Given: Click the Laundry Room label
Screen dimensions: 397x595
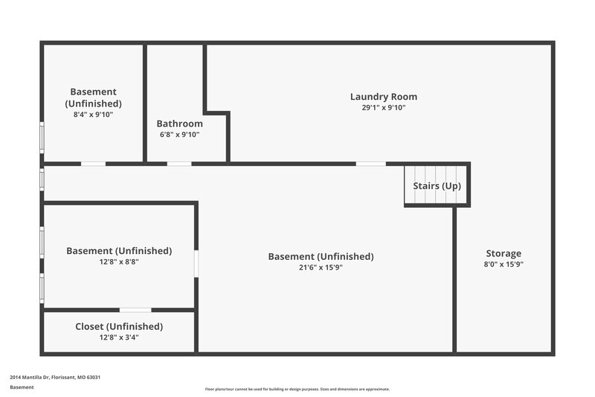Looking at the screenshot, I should [383, 97].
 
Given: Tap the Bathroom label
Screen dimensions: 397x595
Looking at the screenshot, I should [179, 124].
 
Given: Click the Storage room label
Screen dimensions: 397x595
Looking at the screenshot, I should [504, 253].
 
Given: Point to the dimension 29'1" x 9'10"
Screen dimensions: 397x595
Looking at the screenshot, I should [383, 108].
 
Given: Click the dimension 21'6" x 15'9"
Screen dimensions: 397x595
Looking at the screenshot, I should [321, 267].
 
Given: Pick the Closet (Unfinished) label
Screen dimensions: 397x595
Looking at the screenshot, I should [119, 326].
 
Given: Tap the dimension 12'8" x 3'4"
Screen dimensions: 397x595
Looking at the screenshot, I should [119, 337].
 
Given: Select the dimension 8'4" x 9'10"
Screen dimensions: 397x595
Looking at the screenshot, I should [93, 115].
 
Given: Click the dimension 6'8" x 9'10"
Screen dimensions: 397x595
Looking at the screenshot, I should [179, 135].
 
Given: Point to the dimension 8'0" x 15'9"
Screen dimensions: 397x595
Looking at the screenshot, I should [504, 264].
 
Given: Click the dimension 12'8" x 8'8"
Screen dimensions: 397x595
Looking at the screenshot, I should [119, 261].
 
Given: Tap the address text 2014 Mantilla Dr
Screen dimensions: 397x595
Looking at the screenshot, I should [55, 378].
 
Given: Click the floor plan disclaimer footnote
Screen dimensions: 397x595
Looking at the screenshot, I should [297, 390].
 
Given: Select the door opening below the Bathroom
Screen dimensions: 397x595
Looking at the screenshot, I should [178, 163].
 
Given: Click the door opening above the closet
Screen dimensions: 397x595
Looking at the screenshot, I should [135, 310].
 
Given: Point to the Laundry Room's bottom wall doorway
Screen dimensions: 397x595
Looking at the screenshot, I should [370, 163].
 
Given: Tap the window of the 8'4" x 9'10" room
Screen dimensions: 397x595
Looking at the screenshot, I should [42, 138].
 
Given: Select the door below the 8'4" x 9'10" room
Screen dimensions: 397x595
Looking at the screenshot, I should [93, 163].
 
